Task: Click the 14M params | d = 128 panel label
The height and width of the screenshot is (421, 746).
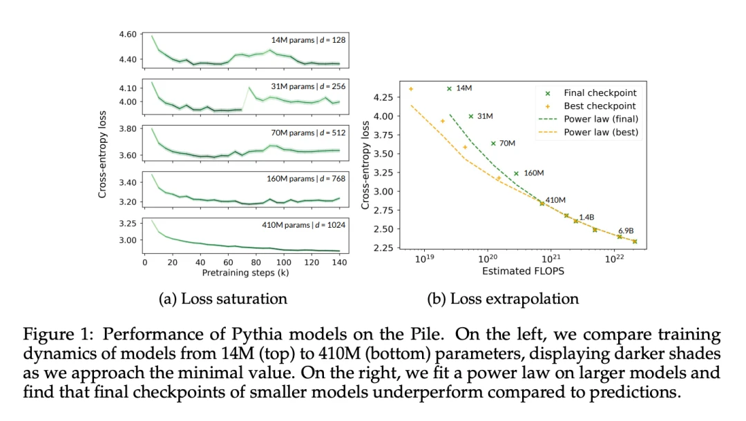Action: point(308,40)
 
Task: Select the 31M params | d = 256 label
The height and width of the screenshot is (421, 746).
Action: point(308,86)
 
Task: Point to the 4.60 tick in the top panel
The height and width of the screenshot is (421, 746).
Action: point(127,34)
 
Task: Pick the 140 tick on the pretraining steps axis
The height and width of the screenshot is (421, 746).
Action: point(338,262)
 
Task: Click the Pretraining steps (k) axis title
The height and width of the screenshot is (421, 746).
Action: point(245,273)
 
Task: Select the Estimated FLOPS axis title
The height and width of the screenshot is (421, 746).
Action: point(523,272)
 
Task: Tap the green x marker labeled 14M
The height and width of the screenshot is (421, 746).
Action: point(449,89)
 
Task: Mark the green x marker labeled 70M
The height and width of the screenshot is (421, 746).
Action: point(493,144)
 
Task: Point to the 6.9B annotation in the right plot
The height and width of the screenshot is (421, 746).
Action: point(627,231)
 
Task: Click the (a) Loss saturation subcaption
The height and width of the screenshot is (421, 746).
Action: point(222,299)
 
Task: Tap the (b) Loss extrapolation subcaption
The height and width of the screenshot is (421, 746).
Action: point(504,299)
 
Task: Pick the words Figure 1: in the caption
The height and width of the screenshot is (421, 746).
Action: point(52,335)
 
